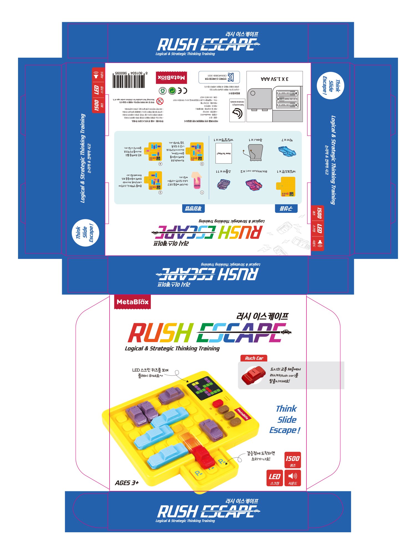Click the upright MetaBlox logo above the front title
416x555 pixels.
click(x=133, y=302)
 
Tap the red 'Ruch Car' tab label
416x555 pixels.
click(x=254, y=358)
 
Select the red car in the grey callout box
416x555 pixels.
click(x=253, y=375)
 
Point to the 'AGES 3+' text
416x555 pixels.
click(x=127, y=483)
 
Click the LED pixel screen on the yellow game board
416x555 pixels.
click(x=204, y=387)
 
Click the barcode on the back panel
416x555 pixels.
click(x=129, y=80)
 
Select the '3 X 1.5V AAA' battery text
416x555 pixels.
click(x=274, y=79)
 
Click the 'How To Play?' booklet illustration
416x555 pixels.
click(x=224, y=153)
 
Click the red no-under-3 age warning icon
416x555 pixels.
click(x=160, y=101)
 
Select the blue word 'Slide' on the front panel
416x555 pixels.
click(x=287, y=420)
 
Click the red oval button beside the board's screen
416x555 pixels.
click(x=218, y=403)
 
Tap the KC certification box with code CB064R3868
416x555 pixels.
click(x=219, y=77)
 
